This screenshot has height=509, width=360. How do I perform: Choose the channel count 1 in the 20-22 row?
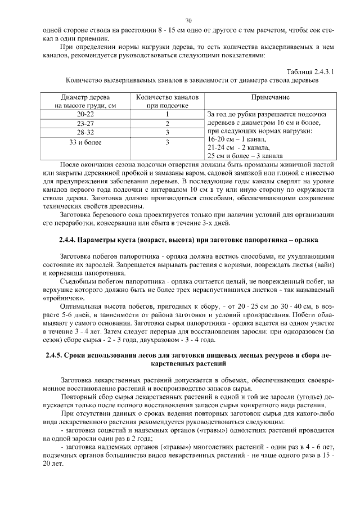167,114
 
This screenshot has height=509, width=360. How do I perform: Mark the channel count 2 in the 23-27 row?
167,124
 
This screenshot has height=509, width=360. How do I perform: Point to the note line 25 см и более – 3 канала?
245,155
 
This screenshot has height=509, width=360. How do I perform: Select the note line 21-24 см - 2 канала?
239,147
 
